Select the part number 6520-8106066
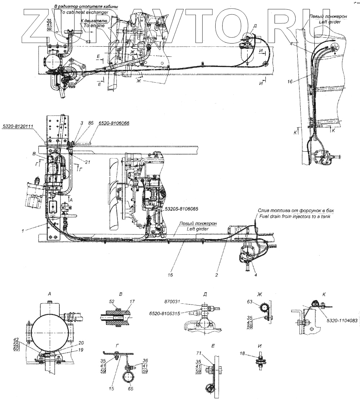pyautogui.click(x=114, y=123)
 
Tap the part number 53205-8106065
pyautogui.click(x=182, y=208)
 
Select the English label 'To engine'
pyautogui.click(x=94, y=26)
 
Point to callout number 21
pyautogui.click(x=87, y=162)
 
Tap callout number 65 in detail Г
pyautogui.click(x=130, y=388)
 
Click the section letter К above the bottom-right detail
pyautogui.click(x=324, y=294)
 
